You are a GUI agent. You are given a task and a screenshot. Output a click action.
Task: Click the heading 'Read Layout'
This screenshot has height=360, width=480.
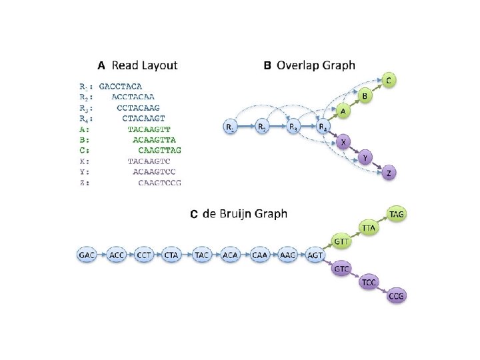point(144,65)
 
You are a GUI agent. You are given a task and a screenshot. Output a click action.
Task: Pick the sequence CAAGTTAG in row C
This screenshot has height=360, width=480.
point(159,150)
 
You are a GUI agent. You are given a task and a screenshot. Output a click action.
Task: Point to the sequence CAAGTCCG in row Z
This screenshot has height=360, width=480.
point(159,182)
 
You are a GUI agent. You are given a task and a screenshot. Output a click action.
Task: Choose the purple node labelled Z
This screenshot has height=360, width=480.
point(389,173)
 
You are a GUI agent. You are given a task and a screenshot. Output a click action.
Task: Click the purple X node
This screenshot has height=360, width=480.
point(343,142)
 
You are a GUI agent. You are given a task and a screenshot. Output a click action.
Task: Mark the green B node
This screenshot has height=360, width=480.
point(365,97)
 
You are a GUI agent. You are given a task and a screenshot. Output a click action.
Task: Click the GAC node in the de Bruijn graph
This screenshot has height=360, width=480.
point(87,255)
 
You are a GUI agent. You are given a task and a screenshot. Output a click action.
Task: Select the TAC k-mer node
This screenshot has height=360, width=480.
point(202,255)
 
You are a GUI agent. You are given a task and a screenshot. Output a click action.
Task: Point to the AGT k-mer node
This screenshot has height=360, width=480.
point(315,255)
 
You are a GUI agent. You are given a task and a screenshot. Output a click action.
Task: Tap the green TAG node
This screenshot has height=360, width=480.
point(397,213)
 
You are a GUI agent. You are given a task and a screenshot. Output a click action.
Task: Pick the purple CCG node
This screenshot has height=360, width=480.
point(397,296)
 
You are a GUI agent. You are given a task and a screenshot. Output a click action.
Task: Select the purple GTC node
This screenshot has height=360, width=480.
point(341,269)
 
